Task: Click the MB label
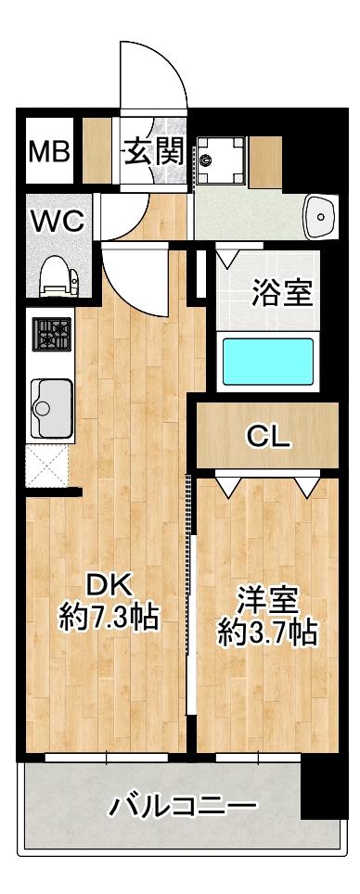49,151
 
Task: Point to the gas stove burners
53,335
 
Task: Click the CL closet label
268,436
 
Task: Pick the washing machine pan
223,158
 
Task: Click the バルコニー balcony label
182,806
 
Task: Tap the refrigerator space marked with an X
48,466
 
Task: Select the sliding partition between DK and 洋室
191,594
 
